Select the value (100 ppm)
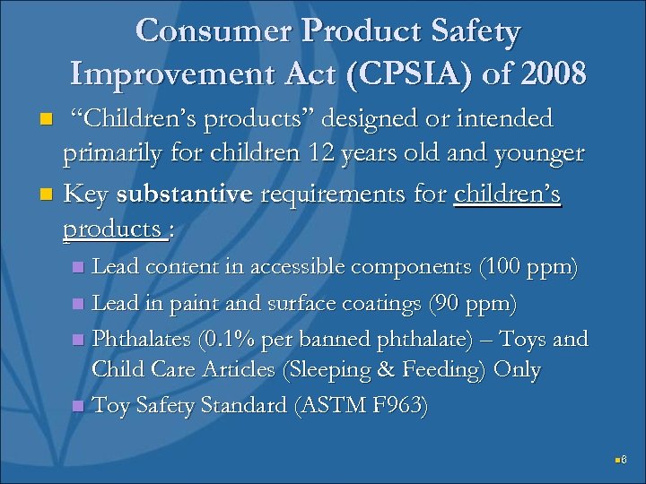[528, 266]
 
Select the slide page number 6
[624, 461]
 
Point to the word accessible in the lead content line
[292, 266]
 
